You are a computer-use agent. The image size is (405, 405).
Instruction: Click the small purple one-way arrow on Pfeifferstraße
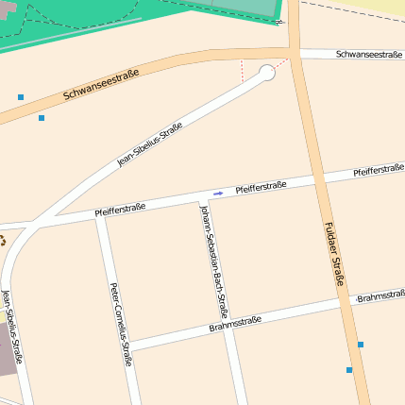click(218, 193)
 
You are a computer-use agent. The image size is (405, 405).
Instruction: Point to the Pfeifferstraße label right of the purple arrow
click(261, 187)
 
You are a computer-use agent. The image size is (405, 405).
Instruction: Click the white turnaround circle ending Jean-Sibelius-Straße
click(267, 72)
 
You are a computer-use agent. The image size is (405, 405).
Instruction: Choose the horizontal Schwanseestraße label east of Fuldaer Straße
click(369, 55)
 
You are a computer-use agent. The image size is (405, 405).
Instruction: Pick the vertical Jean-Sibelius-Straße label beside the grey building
click(12, 327)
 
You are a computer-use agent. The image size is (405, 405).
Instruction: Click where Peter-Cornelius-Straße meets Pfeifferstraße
click(99, 215)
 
